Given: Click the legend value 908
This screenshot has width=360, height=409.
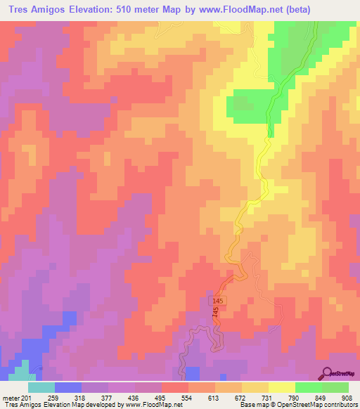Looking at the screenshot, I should point(347,397).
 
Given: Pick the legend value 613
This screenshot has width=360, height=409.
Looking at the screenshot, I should point(212,397).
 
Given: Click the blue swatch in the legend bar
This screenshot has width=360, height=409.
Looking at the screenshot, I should point(67,387).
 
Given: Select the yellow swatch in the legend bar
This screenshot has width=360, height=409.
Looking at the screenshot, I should point(281,387).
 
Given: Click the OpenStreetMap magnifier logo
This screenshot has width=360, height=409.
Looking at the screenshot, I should point(326,374).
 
